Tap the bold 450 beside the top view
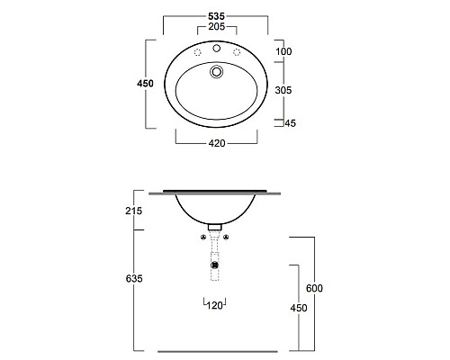pyautogui.click(x=145, y=84)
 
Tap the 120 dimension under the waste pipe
pyautogui.click(x=216, y=307)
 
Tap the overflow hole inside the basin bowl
pyautogui.click(x=216, y=71)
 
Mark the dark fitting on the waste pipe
pyautogui.click(x=214, y=265)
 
